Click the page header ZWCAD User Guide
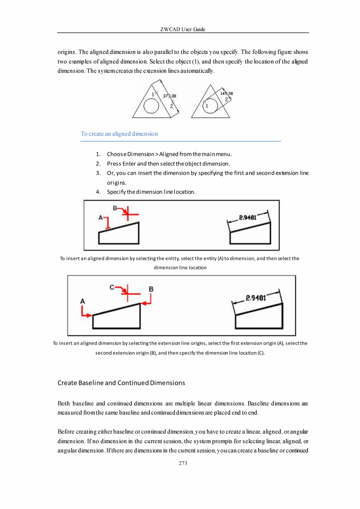[x=183, y=29]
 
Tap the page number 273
[x=183, y=463]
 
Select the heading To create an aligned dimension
[x=119, y=134]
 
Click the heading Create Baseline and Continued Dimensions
[x=121, y=383]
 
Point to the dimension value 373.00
[x=169, y=96]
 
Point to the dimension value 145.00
[x=227, y=94]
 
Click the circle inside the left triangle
[x=151, y=106]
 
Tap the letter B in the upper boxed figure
[x=115, y=208]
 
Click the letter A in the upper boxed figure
[x=101, y=217]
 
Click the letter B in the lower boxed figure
[x=151, y=289]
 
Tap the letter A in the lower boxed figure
[x=83, y=301]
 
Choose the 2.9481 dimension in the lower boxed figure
[x=256, y=298]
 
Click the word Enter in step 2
[x=129, y=163]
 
